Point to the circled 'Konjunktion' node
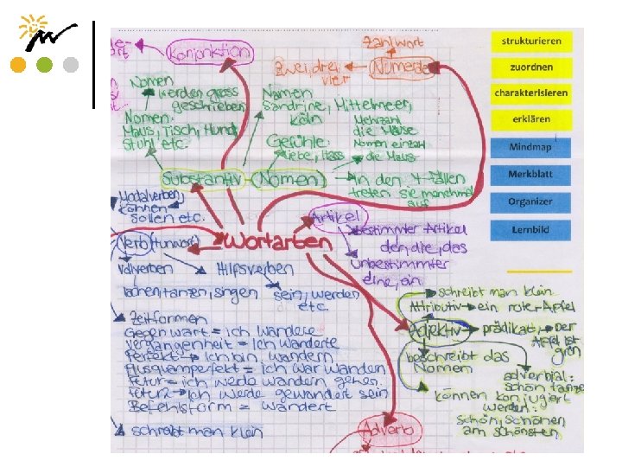[x=211, y=51]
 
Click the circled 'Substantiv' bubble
[x=204, y=181]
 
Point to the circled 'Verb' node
[x=133, y=242]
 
